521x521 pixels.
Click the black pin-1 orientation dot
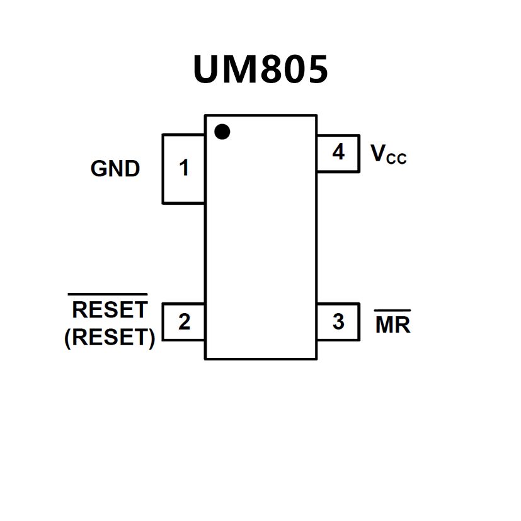(222, 132)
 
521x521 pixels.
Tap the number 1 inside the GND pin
(184, 168)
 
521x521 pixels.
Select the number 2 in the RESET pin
(184, 321)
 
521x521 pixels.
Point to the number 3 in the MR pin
(338, 321)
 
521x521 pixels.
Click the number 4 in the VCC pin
(338, 152)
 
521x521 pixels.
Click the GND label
(115, 169)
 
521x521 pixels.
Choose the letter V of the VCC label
(378, 152)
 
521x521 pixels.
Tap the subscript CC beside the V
(396, 159)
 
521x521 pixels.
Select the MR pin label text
(392, 325)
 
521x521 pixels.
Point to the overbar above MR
(392, 311)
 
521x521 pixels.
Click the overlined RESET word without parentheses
(110, 310)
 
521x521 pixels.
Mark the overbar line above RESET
(108, 294)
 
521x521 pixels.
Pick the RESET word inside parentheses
(110, 338)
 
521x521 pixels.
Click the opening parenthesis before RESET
(68, 338)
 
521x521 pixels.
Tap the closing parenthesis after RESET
(151, 338)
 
